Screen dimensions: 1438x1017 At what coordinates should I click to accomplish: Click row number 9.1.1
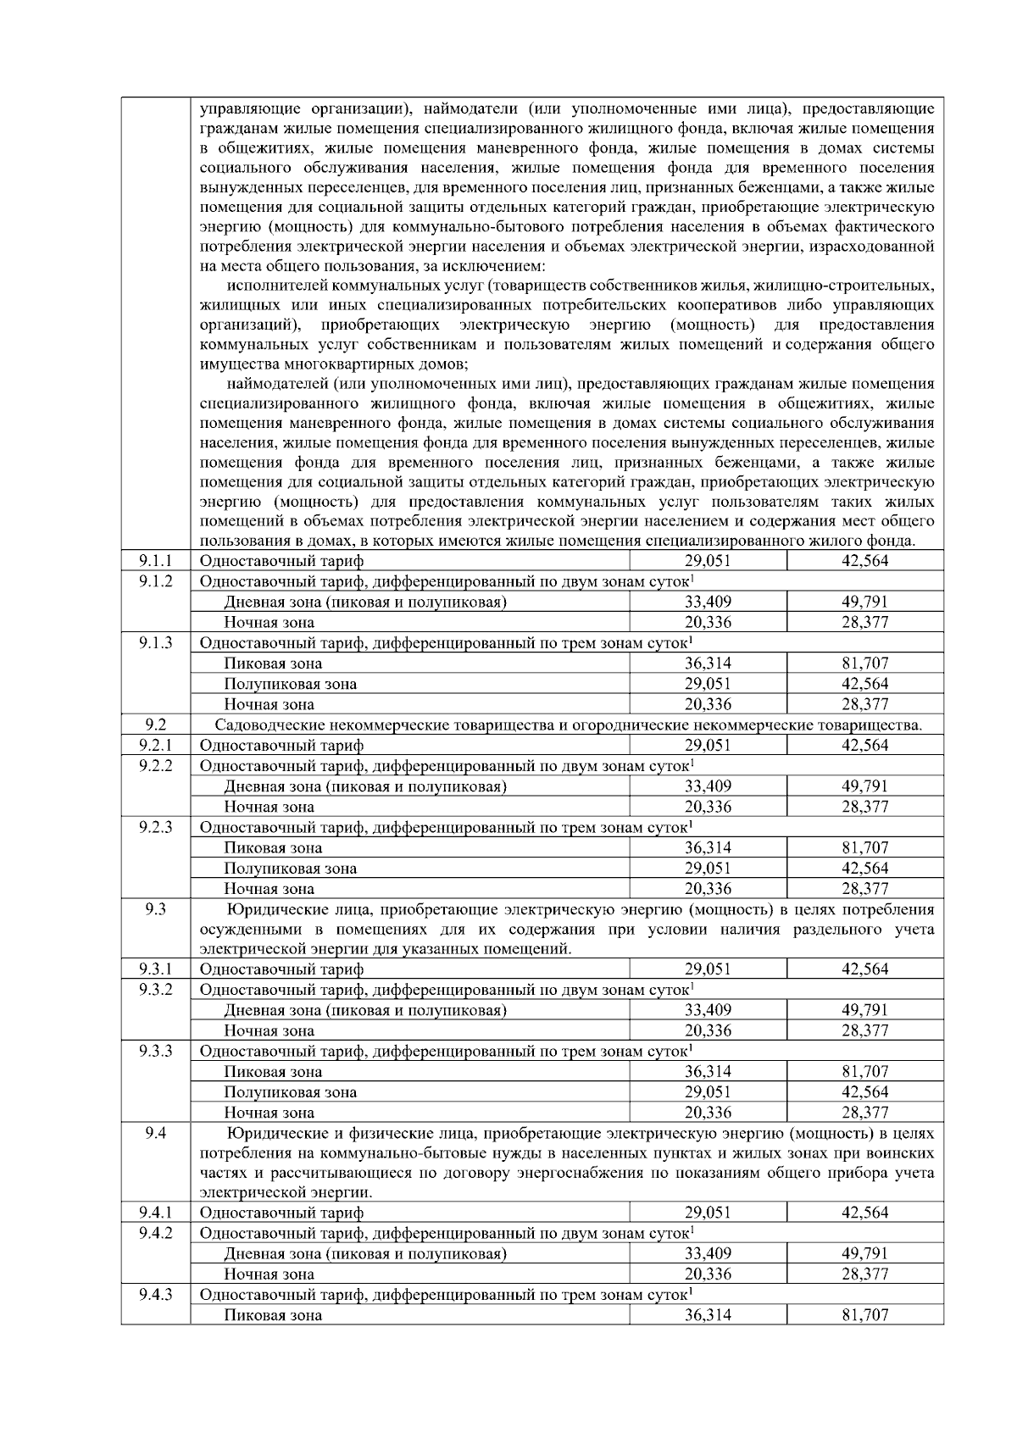[155, 560]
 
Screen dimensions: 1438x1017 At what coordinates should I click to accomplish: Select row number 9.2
[155, 724]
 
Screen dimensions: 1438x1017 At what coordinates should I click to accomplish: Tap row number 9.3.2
[155, 989]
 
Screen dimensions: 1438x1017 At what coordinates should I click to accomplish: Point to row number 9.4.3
[155, 1294]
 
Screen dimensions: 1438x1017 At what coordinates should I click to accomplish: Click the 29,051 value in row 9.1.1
[708, 561]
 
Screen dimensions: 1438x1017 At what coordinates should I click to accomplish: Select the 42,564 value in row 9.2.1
[864, 745]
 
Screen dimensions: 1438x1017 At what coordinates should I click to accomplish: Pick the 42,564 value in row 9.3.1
[864, 969]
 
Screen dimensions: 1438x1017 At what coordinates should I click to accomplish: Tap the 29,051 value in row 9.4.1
[708, 1213]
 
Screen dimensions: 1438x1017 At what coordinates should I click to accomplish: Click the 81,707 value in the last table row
[864, 1315]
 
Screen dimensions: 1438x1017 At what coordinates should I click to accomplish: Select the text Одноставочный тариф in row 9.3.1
[281, 969]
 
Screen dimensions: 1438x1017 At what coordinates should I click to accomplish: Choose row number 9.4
[155, 1132]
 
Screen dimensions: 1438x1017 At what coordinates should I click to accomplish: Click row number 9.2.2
[155, 765]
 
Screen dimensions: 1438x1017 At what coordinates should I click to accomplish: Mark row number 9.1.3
[155, 642]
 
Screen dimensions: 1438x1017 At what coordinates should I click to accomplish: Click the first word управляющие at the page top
[248, 108]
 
